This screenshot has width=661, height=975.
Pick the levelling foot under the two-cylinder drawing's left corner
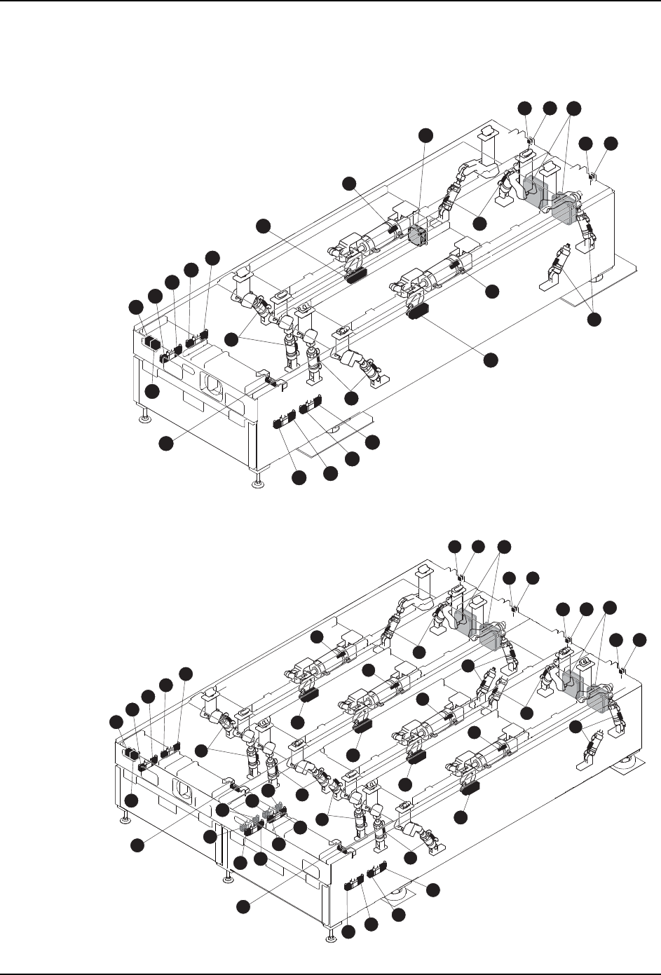[144, 418]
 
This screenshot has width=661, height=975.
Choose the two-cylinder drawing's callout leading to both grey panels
[574, 107]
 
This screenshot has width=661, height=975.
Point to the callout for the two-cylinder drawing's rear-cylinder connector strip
[263, 225]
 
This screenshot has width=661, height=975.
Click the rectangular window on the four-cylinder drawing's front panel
[182, 792]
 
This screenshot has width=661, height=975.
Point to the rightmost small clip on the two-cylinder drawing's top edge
[593, 175]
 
